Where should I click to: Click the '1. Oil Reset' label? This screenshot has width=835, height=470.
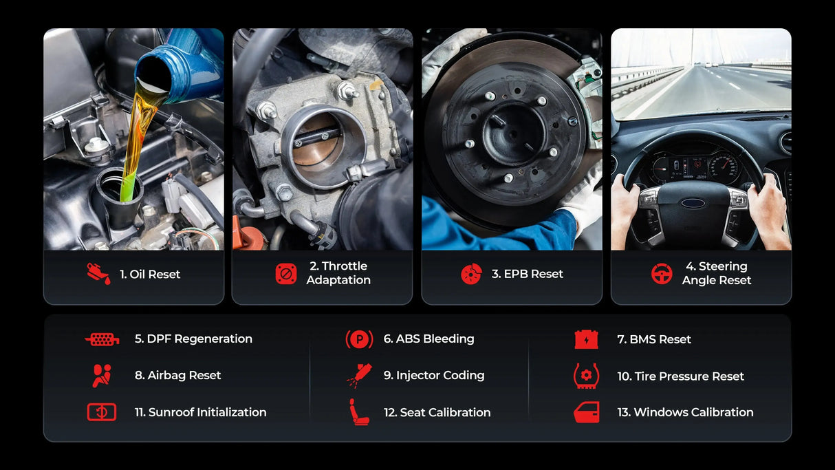pos(149,274)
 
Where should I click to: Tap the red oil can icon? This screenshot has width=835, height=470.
pos(98,273)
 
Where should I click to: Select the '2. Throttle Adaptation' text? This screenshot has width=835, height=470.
pos(338,273)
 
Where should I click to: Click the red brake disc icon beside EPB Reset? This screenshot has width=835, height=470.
pos(471,274)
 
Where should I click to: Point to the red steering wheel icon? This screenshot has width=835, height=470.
pos(662,274)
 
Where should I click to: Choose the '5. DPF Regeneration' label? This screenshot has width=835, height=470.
pos(193,339)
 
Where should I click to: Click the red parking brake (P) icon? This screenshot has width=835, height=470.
pos(359,339)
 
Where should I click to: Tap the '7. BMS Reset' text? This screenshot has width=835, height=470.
pos(653,339)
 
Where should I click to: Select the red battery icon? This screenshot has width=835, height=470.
pos(586,339)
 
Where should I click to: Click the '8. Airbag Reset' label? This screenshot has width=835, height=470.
pos(177,375)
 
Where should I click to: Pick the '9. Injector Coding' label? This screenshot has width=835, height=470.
pos(433,375)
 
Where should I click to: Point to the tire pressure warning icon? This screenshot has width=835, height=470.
pos(586,376)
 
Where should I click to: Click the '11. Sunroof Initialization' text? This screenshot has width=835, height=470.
pos(200,412)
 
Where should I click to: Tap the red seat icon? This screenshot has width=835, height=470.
pos(358,412)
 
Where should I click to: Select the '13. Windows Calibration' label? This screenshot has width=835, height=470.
pos(685,412)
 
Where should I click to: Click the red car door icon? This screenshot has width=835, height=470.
pos(586,412)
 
